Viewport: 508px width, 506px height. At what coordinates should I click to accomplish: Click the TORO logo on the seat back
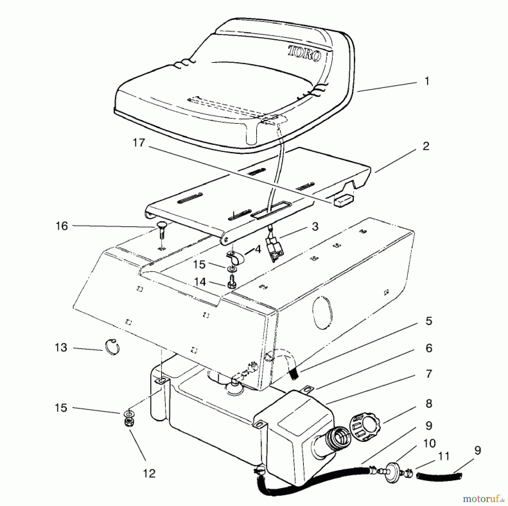(x=304, y=54)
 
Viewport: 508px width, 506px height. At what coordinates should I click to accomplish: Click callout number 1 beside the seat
(x=427, y=81)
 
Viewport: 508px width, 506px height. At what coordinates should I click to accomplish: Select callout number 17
(x=139, y=143)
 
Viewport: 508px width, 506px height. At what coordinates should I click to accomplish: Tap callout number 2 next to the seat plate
(x=426, y=146)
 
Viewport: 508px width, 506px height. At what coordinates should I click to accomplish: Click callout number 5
(x=429, y=321)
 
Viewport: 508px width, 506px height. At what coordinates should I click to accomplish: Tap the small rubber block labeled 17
(x=342, y=200)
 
